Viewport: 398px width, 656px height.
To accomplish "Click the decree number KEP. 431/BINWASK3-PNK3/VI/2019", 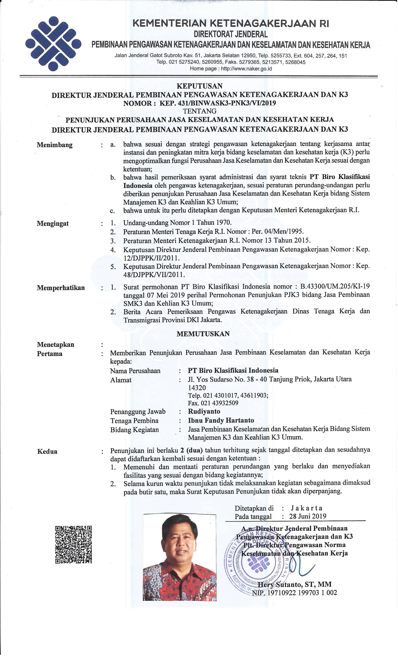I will pos(217,103).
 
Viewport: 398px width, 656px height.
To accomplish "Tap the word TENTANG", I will pos(199,111).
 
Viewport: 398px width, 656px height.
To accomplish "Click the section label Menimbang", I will pos(54,145).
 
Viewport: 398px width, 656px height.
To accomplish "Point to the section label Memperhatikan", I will pos(61,288).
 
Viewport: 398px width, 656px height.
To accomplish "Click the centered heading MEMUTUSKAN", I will pos(203,334).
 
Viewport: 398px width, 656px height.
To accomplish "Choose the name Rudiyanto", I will pos(204,411).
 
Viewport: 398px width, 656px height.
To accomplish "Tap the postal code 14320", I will pos(197,388).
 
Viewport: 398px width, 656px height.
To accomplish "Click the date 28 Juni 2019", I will pos(307,516).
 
